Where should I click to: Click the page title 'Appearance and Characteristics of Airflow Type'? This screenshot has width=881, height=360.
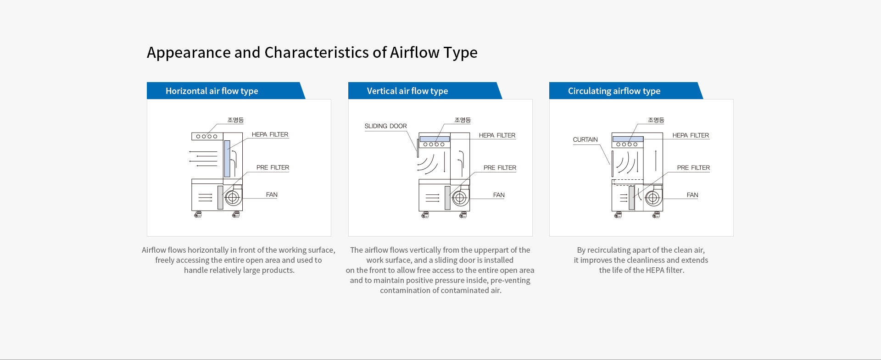click(x=312, y=53)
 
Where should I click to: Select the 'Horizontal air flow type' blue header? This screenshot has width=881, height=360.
click(x=226, y=91)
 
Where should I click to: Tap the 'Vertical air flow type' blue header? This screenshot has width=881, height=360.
click(x=425, y=91)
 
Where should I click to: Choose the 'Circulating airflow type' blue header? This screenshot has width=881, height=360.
click(x=626, y=91)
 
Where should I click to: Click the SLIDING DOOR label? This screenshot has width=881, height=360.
click(x=385, y=126)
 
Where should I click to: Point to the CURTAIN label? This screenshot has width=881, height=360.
click(x=585, y=139)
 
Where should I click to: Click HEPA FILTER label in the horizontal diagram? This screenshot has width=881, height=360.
click(x=270, y=134)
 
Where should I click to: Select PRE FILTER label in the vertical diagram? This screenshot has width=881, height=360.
click(x=500, y=168)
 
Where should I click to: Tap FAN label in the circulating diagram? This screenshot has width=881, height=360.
click(x=692, y=195)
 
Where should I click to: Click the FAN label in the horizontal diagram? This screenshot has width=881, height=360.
click(x=272, y=194)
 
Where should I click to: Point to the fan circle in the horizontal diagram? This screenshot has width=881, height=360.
click(x=233, y=198)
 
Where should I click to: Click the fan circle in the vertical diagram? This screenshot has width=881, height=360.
click(x=460, y=198)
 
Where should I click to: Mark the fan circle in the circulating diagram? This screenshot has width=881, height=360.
click(x=653, y=198)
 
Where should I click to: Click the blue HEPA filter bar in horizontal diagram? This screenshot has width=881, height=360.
click(x=227, y=159)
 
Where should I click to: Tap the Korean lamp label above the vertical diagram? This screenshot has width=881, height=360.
click(x=463, y=120)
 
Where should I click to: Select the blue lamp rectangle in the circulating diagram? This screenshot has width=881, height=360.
click(x=628, y=139)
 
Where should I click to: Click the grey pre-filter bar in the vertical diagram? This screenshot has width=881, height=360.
click(x=447, y=198)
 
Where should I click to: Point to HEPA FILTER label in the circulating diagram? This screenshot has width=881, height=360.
click(x=691, y=135)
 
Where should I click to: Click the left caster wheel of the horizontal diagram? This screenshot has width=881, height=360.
click(x=198, y=214)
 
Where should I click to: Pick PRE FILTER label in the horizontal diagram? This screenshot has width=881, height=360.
click(x=273, y=167)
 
